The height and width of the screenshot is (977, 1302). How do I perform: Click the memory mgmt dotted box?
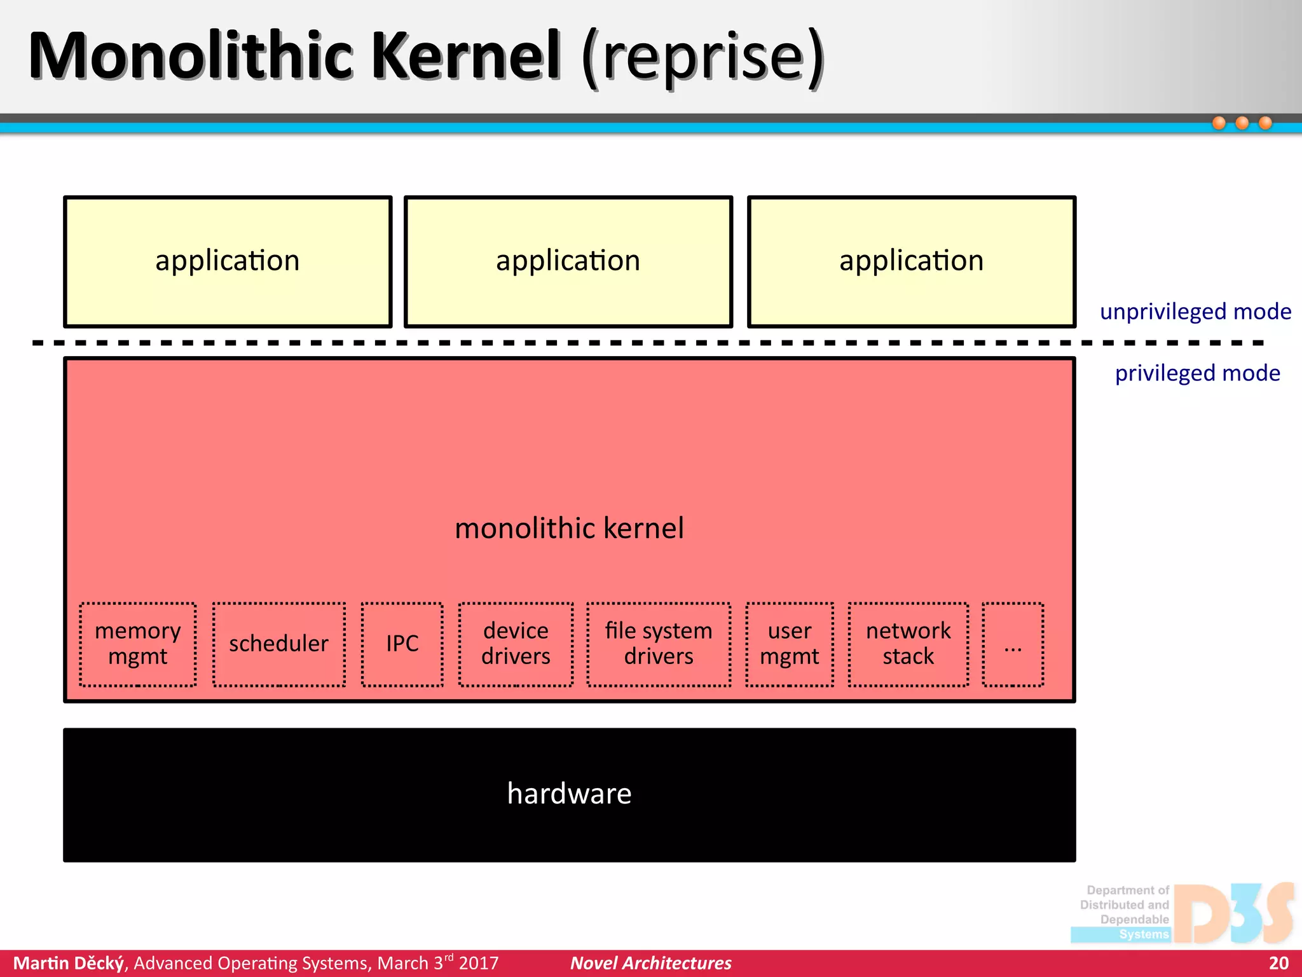click(x=137, y=644)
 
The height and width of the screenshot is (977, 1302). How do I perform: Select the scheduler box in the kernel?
click(x=279, y=644)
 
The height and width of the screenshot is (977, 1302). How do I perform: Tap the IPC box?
click(x=402, y=644)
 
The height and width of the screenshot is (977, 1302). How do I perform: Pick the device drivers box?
click(x=516, y=644)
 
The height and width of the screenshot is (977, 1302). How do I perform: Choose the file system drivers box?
click(x=659, y=644)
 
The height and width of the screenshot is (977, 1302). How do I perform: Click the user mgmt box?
click(x=790, y=644)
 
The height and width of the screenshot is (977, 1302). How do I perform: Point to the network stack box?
click(x=908, y=644)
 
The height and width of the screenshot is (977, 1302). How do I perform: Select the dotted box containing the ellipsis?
click(x=1013, y=644)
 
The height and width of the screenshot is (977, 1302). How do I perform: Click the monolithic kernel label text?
click(x=569, y=529)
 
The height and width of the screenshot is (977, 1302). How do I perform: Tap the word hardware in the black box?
click(x=569, y=794)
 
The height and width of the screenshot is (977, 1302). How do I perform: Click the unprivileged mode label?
click(x=1195, y=312)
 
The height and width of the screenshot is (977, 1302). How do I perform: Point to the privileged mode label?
click(x=1198, y=373)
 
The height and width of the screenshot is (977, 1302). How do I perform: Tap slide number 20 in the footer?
click(x=1278, y=963)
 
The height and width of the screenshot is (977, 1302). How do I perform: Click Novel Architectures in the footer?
click(x=650, y=963)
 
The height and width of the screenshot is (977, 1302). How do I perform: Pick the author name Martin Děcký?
click(x=69, y=963)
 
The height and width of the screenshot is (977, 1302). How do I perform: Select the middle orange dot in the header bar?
click(x=1242, y=123)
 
